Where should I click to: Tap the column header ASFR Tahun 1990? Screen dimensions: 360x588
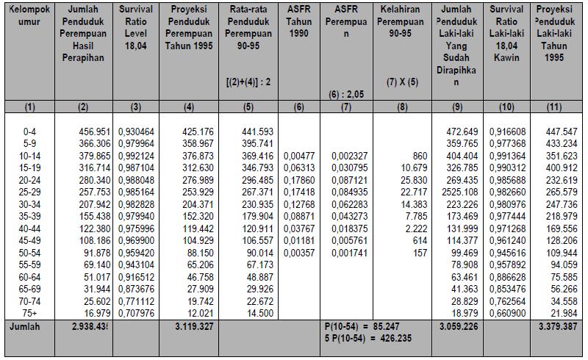click(298, 21)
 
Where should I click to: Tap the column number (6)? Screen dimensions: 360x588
click(298, 107)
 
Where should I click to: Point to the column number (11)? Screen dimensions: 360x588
click(556, 107)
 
